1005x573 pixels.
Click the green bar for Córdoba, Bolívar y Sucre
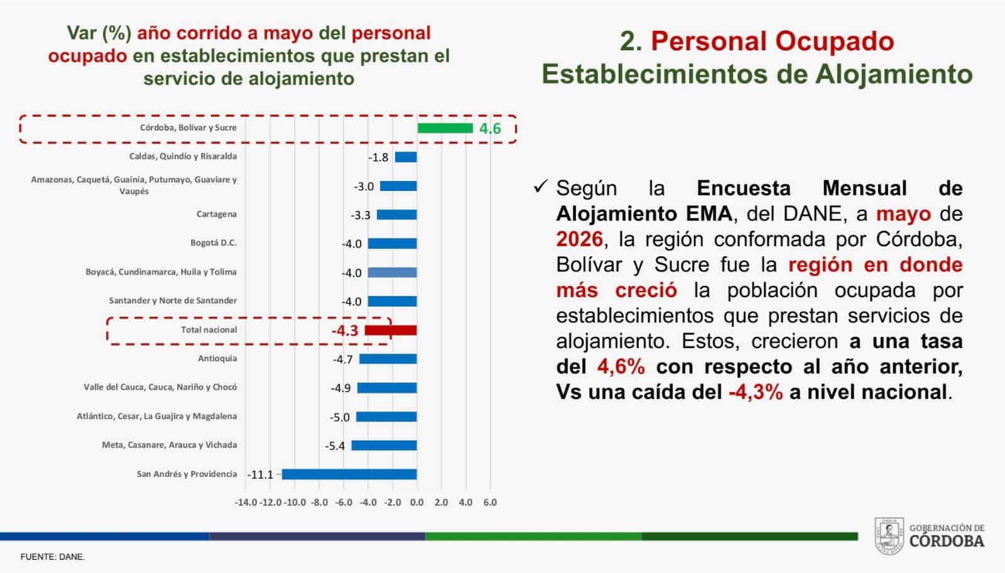(x=445, y=128)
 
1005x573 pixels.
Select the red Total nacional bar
(x=391, y=330)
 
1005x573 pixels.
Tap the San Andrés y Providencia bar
(x=349, y=474)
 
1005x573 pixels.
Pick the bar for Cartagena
(x=397, y=215)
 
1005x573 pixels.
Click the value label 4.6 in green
(x=490, y=129)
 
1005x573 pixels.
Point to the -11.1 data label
(x=260, y=475)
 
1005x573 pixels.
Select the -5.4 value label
(x=335, y=446)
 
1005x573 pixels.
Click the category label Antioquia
(x=217, y=359)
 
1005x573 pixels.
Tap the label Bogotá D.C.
(x=214, y=243)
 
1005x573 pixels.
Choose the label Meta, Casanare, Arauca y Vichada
(x=170, y=445)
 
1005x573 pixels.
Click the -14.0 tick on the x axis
(x=246, y=503)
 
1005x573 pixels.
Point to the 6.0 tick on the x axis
(x=490, y=503)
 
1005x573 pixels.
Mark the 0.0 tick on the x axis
(x=417, y=503)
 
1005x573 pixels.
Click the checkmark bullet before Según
(x=541, y=186)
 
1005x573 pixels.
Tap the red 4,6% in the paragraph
(x=621, y=367)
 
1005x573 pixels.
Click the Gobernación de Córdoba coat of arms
(x=889, y=536)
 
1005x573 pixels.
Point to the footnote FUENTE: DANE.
(x=53, y=557)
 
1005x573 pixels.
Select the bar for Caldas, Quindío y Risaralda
(x=406, y=157)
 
